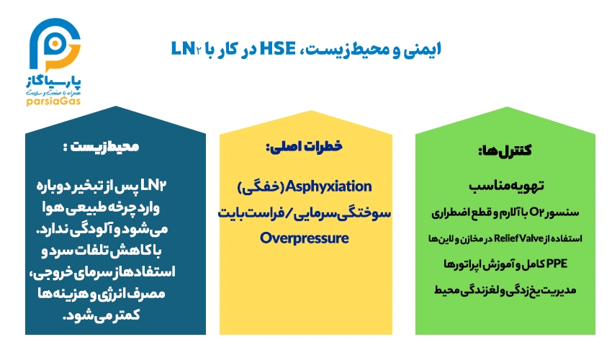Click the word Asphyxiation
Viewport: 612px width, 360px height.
pyautogui.click(x=329, y=186)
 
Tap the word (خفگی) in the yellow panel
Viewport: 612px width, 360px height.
pyautogui.click(x=260, y=186)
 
